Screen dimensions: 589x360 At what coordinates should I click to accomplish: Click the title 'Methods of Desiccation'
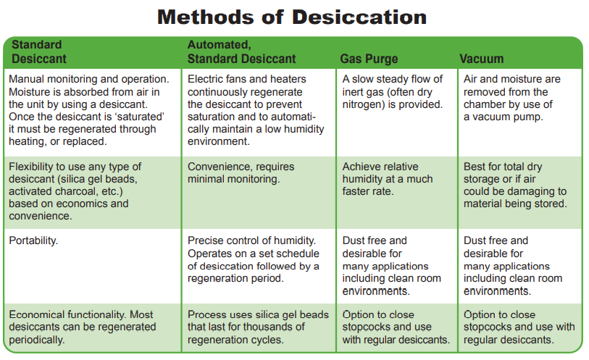pos(292,17)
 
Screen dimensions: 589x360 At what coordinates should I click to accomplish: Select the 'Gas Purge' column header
pos(369,59)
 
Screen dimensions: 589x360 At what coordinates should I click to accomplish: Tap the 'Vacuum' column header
pos(481,59)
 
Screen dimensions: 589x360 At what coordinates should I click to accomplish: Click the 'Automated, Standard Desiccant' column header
pos(241,52)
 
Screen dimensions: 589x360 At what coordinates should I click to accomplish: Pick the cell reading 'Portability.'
pos(33,240)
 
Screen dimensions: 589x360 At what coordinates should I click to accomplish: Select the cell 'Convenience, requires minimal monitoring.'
pos(241,172)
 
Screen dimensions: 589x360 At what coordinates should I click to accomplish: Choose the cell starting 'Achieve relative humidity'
pos(388,179)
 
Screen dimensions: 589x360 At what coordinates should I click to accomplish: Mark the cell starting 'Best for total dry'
pos(515,185)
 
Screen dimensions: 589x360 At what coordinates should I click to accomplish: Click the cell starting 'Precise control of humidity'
pos(253,259)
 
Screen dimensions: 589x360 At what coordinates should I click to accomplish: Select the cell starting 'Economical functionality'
pos(83,327)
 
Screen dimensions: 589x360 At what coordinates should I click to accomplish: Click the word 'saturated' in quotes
pos(141,117)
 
